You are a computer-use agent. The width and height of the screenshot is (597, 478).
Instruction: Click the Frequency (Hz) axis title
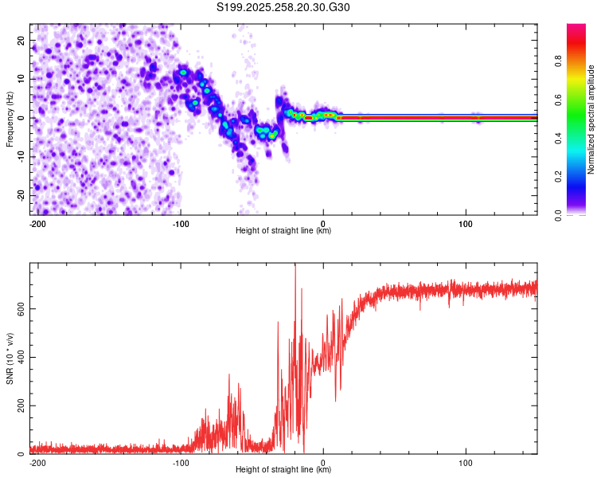10,118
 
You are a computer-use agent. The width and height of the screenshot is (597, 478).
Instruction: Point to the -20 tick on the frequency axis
21,195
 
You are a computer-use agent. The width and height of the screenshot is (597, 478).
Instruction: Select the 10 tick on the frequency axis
22,79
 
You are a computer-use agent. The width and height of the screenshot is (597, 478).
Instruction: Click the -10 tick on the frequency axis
21,157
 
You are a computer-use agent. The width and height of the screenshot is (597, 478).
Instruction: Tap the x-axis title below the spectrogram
283,231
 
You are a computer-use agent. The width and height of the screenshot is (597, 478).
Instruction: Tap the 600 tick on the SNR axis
20,308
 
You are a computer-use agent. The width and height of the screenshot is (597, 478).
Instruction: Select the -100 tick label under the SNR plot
181,463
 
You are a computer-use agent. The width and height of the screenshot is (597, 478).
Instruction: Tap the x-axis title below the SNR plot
283,470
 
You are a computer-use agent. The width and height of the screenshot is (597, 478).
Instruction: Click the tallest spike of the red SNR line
295,266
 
